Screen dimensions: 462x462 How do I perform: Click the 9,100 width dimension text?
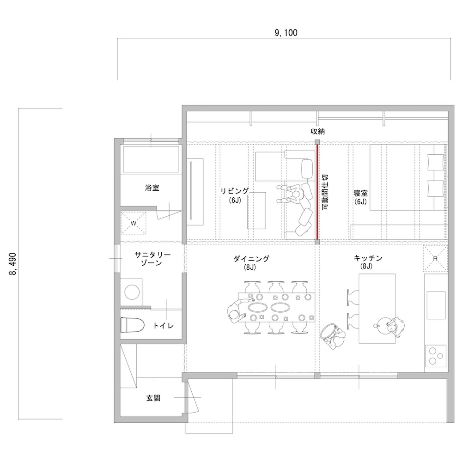point(286,33)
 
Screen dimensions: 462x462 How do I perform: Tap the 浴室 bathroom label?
point(152,188)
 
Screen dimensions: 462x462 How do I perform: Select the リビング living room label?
point(235,191)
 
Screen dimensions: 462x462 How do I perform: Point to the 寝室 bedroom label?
point(361,193)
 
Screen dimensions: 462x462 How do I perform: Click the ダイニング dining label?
point(251,259)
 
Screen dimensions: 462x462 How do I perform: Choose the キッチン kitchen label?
point(368,258)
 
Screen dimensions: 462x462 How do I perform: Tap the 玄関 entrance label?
point(153,398)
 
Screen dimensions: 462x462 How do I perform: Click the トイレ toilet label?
point(163,326)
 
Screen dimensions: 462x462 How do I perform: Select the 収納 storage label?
point(318,131)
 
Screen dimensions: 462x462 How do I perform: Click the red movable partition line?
point(317,192)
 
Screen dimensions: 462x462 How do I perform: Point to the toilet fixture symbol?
point(132,324)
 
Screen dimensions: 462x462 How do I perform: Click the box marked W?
point(134,223)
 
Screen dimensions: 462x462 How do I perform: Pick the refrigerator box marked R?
point(436,258)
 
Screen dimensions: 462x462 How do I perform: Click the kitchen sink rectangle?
point(436,305)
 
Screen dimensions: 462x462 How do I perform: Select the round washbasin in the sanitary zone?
point(132,292)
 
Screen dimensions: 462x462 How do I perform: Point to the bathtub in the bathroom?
point(151,159)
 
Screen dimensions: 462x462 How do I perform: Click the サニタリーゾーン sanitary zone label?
point(152,259)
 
